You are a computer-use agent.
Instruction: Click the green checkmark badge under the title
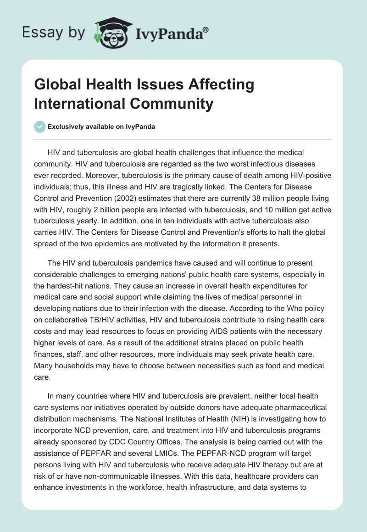click(x=39, y=127)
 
